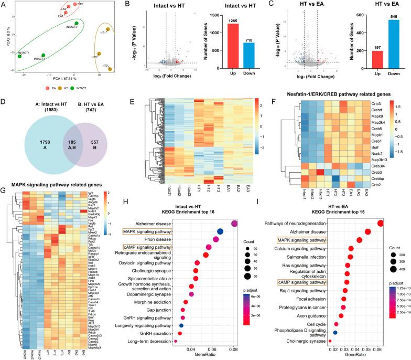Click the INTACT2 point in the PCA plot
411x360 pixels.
click(77, 24)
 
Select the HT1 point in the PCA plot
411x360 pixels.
click(109, 29)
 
